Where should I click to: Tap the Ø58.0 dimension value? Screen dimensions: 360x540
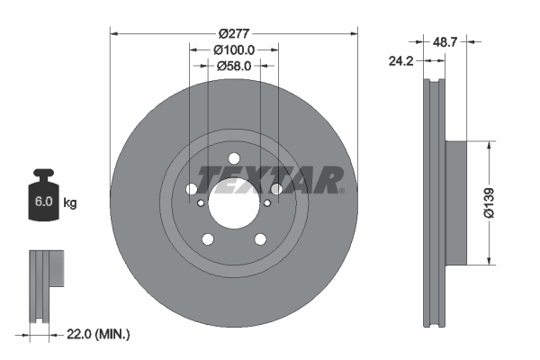234,65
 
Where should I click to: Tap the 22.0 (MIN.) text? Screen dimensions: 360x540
98,334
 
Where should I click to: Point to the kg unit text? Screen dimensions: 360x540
69,203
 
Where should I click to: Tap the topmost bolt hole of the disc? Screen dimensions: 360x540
234,159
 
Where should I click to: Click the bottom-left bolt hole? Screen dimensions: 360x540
208,238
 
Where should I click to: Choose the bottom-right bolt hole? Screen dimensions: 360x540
260,238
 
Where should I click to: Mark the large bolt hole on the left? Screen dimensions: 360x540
192,190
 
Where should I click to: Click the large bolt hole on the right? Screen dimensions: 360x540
276,190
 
